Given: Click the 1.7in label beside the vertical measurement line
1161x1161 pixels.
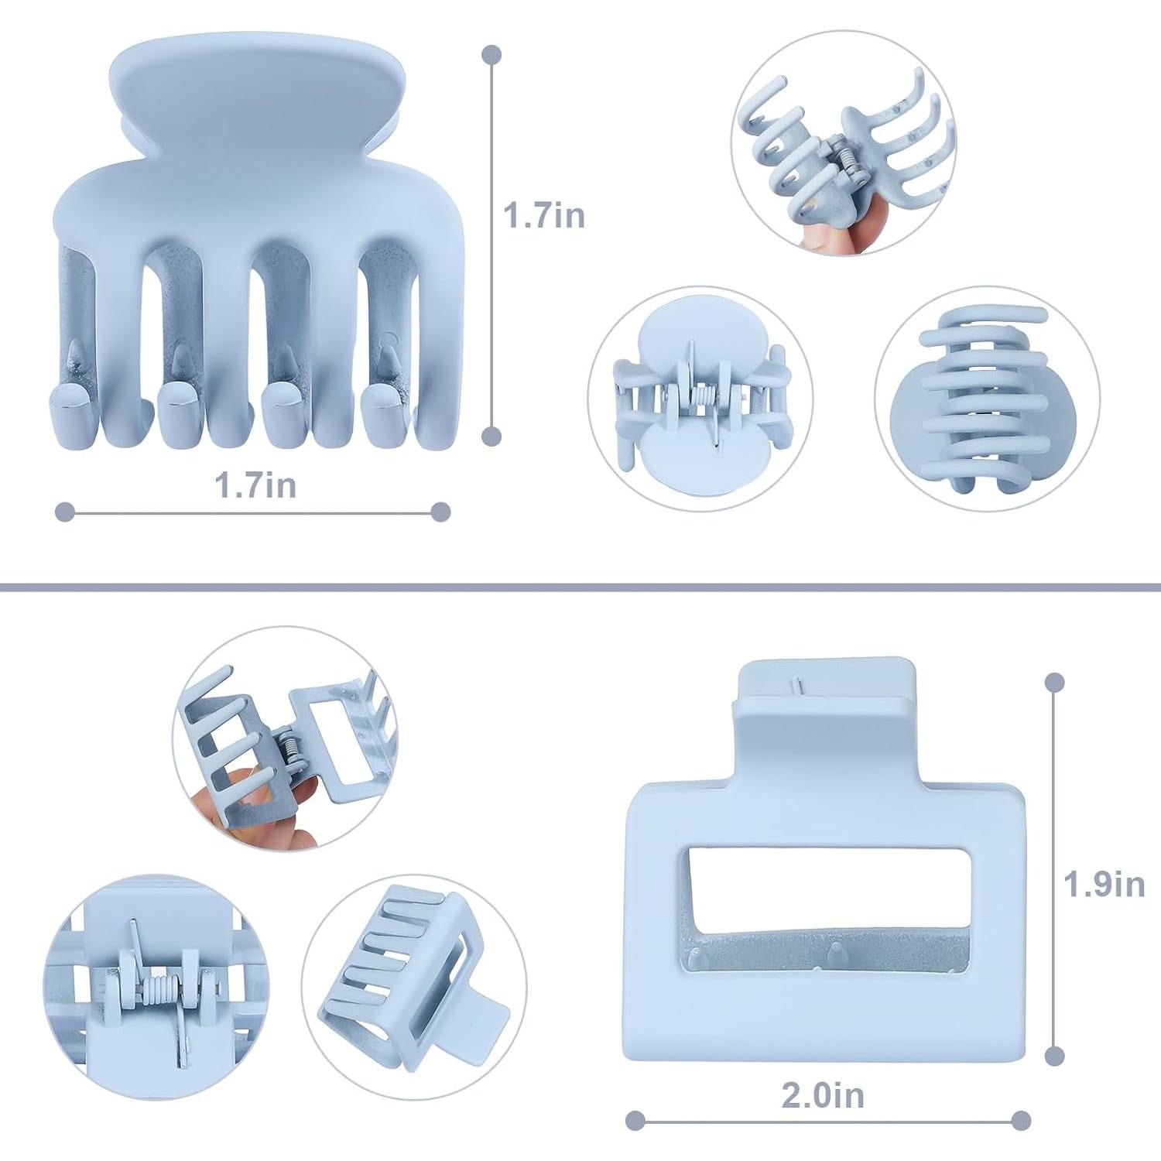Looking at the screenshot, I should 544,215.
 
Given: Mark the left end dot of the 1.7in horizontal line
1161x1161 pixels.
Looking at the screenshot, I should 66,512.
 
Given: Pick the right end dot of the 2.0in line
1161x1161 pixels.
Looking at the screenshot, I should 1021,1120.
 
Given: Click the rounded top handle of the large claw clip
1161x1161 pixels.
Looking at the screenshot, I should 260,93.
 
